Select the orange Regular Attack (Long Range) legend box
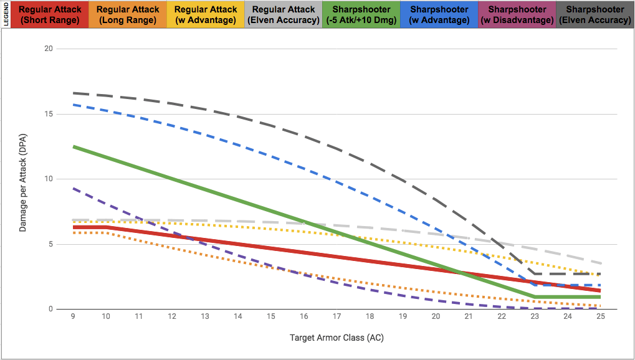coord(128,15)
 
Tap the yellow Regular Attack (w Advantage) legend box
coord(206,15)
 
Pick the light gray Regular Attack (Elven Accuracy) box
coord(284,15)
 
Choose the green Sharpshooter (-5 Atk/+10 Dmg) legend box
coord(361,15)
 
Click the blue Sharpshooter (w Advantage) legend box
coord(439,15)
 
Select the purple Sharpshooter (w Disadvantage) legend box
coord(517,15)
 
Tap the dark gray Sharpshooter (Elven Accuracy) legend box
coord(594,15)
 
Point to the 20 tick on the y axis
coord(49,49)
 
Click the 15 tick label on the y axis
coord(49,114)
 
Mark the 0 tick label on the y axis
coord(50,310)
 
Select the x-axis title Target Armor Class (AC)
coord(337,338)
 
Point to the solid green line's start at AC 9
coord(74,146)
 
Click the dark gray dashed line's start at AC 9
coord(74,93)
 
